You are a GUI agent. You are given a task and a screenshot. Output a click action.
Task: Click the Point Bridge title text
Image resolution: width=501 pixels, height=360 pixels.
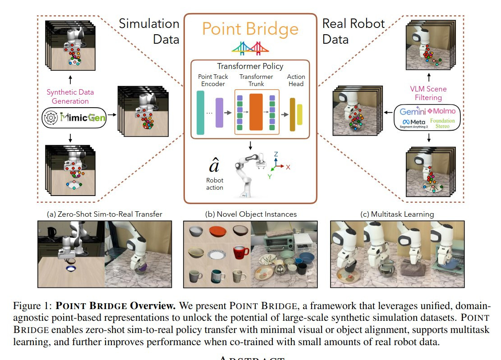[x=250, y=29]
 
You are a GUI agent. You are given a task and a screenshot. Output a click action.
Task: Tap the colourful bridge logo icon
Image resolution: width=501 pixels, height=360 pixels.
[x=250, y=47]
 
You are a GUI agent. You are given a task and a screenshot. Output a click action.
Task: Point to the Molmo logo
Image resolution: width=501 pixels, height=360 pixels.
[x=441, y=111]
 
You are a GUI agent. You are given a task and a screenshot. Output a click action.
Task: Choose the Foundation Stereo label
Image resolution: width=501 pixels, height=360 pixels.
[x=445, y=123]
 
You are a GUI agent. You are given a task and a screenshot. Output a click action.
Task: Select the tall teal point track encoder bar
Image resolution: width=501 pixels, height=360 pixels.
[x=201, y=113]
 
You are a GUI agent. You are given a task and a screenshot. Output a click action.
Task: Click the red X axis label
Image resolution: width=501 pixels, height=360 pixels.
[x=288, y=167]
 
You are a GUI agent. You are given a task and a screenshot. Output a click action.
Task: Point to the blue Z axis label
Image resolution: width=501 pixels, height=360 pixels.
[x=276, y=154]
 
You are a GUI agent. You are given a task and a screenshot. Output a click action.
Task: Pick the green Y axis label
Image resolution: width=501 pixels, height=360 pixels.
[x=270, y=177]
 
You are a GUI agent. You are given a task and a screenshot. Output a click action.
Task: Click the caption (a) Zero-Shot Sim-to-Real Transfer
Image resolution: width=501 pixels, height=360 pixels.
[x=104, y=214]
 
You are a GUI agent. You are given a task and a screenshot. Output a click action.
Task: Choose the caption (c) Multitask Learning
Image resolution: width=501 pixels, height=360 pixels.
[x=397, y=214]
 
